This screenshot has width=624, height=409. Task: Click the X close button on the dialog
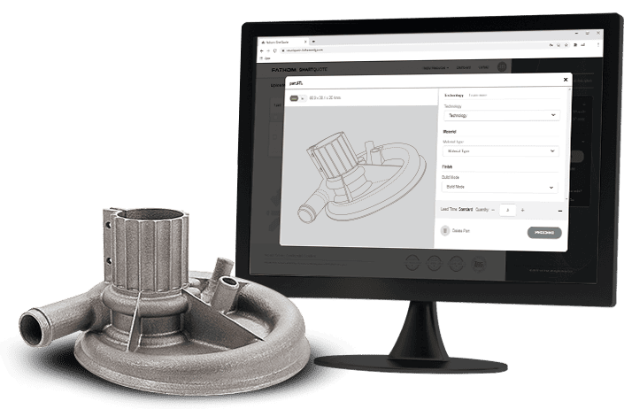[565, 80]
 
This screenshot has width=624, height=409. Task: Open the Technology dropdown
[500, 115]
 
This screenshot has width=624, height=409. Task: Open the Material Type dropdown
[500, 151]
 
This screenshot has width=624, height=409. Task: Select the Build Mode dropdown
[500, 188]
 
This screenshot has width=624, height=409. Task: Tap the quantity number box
[506, 210]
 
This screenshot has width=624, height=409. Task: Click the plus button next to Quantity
[522, 210]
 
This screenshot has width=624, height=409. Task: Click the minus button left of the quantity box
[492, 210]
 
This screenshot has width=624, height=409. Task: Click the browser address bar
[354, 51]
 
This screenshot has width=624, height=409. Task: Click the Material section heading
[450, 131]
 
